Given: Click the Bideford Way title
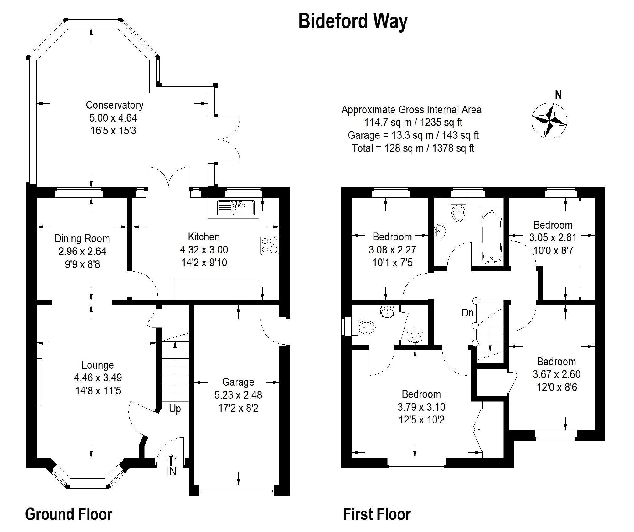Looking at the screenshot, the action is [x=353, y=22].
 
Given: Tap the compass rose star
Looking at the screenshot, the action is [x=549, y=120].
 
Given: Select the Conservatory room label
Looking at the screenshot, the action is [x=115, y=105].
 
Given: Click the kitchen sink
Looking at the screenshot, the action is [x=236, y=208].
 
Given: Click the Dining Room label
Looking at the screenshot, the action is [x=82, y=239].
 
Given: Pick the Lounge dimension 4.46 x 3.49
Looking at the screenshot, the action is [x=98, y=378].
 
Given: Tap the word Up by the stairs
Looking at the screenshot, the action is [x=175, y=409].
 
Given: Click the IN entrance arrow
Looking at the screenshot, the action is [x=171, y=462].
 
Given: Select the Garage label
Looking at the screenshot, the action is [x=238, y=382].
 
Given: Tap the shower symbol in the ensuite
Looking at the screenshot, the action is [x=415, y=335].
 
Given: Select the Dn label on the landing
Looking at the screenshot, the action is [x=468, y=313].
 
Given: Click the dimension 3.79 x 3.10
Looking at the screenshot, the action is [x=421, y=407].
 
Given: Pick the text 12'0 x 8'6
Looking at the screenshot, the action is [x=557, y=388].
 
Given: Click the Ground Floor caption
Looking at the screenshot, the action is [x=69, y=514].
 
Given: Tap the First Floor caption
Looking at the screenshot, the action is [x=377, y=514].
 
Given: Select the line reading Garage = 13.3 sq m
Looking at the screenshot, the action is [x=413, y=135].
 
